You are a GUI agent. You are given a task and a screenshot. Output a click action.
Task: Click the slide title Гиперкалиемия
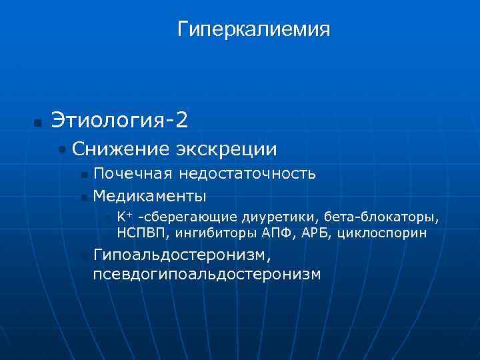(253, 30)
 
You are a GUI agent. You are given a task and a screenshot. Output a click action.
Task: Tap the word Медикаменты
(149, 196)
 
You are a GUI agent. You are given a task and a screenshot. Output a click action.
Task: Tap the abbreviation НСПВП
(137, 233)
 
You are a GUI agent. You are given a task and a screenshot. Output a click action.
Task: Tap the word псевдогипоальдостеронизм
(206, 274)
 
